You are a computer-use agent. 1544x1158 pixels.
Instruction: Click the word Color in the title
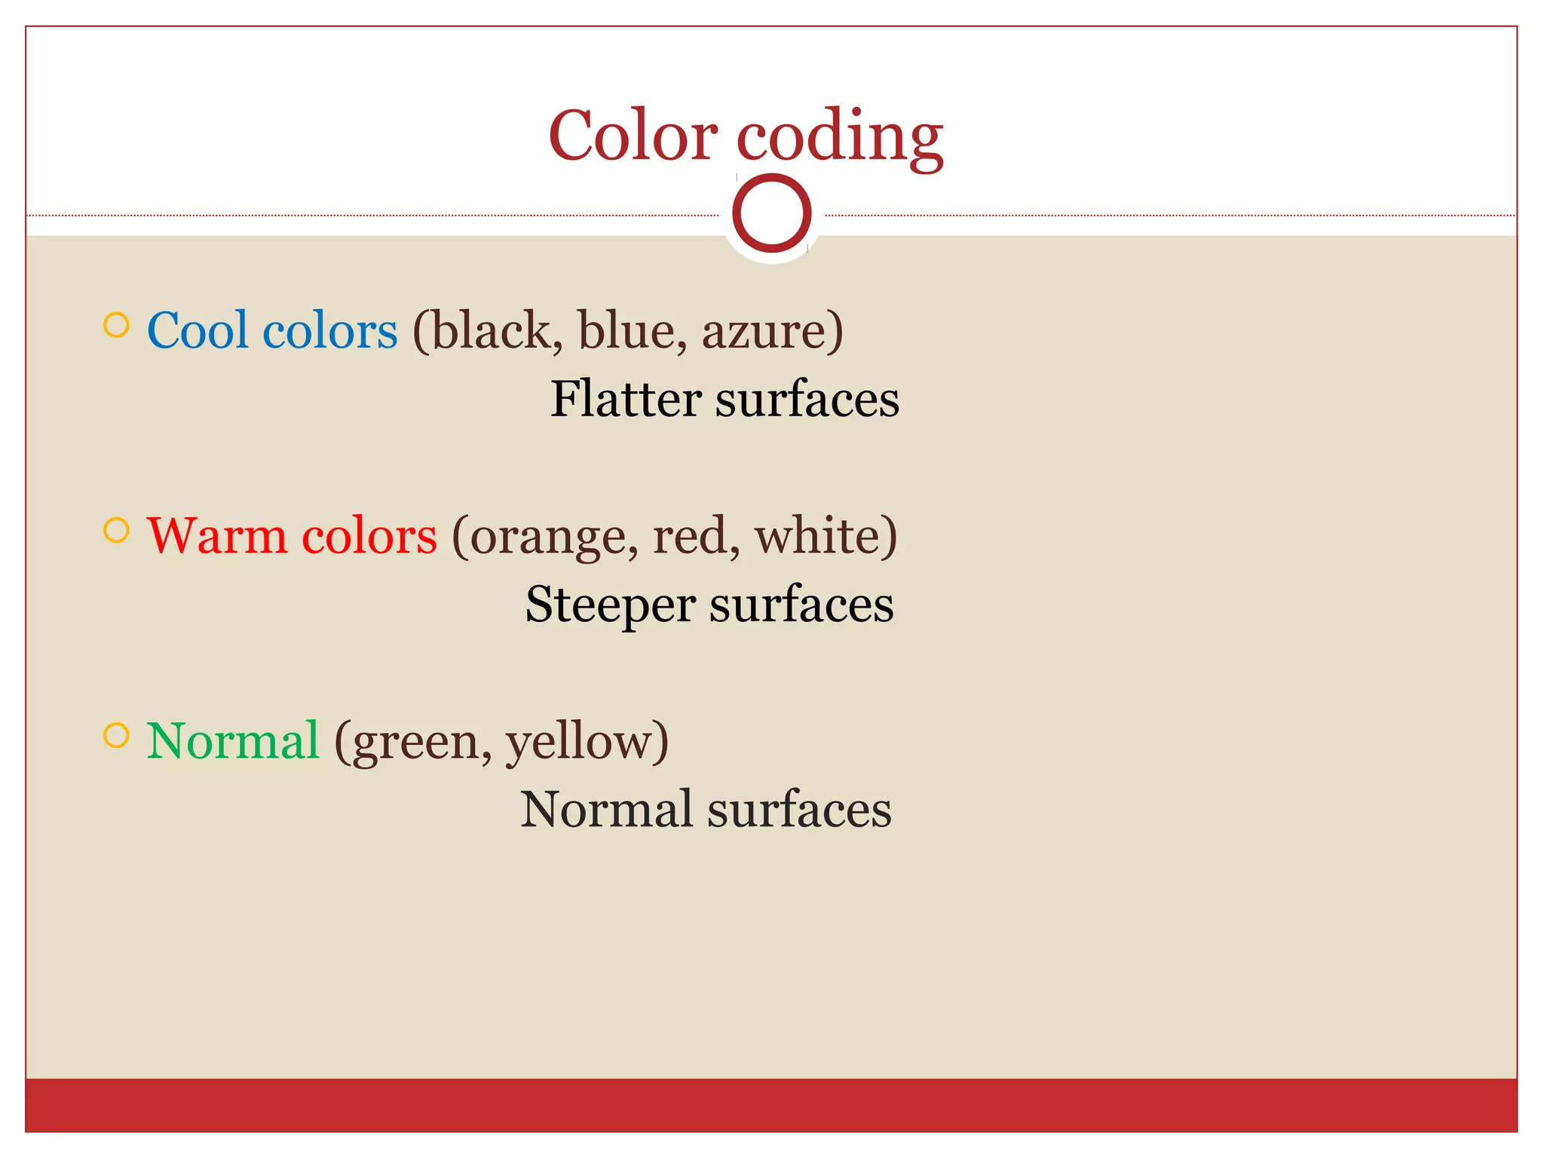[x=633, y=136]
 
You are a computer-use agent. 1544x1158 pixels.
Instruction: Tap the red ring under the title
[x=771, y=213]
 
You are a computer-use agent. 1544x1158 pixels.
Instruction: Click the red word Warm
[x=216, y=536]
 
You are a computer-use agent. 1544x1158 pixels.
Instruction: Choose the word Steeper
[x=610, y=605]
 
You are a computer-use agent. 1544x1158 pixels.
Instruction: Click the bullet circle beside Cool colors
[x=116, y=325]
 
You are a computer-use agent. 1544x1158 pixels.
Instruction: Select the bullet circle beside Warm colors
[x=116, y=530]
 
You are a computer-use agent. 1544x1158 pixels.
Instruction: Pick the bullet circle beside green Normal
[x=116, y=735]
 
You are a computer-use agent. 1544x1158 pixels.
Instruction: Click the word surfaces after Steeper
[x=801, y=605]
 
